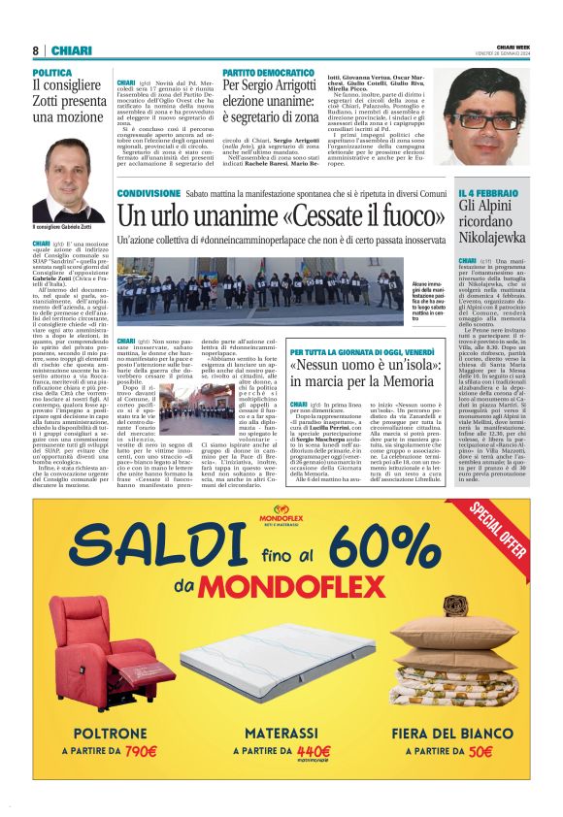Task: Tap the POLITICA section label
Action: click(x=52, y=73)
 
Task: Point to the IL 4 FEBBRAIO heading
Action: click(x=488, y=194)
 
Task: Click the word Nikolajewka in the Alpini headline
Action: click(x=493, y=236)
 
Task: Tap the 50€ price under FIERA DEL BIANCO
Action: click(x=475, y=749)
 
